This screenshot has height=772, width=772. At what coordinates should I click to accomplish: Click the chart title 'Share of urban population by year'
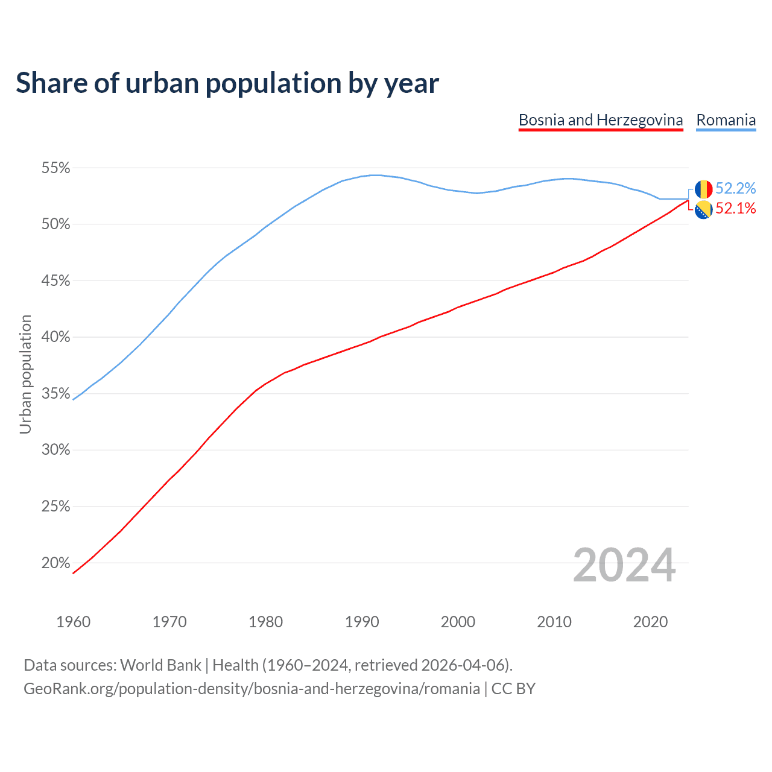coord(227,83)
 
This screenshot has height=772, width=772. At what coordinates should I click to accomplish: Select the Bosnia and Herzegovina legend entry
coord(600,120)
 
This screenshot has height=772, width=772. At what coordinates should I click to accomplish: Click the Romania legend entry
coord(726,120)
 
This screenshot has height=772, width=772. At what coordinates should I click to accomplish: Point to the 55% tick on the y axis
coord(55,168)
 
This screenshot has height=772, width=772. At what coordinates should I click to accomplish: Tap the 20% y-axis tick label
coord(55,563)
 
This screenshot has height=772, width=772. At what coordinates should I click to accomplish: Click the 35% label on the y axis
coord(55,394)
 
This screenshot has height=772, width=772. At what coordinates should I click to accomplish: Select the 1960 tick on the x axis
coord(73,622)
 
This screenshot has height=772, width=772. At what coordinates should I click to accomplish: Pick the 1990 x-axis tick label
coord(362,622)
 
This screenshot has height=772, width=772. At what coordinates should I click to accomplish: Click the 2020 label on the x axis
coord(650,622)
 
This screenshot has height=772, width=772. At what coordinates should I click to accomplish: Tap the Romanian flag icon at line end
coord(703,189)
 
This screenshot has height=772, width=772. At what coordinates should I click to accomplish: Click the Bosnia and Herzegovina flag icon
coord(703,210)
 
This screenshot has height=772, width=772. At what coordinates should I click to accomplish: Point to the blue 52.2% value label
coord(735,189)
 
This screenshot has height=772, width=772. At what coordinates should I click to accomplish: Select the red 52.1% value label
coord(735,209)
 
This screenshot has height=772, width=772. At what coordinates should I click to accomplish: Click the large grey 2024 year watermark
coord(624,566)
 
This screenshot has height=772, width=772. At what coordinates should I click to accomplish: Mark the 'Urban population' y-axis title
coord(25,374)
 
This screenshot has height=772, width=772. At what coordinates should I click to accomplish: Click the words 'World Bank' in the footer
coord(160,665)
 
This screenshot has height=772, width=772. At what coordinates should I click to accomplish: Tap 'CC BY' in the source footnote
coord(513,689)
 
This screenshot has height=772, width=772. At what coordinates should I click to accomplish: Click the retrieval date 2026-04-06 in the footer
coord(462,665)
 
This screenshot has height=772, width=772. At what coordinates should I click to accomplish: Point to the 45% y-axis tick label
coord(55,281)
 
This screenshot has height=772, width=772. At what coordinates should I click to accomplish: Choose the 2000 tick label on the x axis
coord(458,622)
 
